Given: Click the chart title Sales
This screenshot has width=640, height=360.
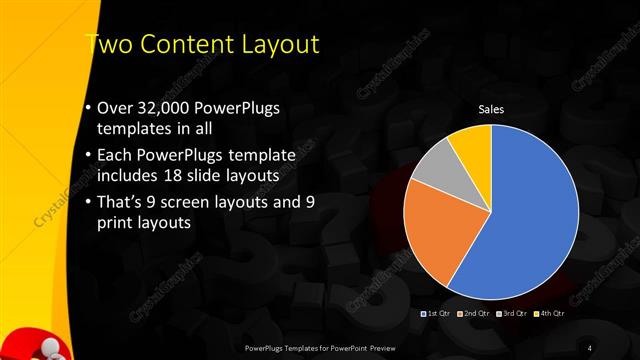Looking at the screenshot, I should [490, 109].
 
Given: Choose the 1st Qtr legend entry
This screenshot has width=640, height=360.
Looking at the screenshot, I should [436, 314].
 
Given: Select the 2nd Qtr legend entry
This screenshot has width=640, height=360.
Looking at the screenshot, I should [474, 314].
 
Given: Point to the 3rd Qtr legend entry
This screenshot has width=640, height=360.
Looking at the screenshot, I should [512, 314].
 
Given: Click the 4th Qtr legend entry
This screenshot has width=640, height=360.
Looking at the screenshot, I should [549, 314].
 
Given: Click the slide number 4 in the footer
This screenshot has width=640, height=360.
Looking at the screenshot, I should [590, 347].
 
